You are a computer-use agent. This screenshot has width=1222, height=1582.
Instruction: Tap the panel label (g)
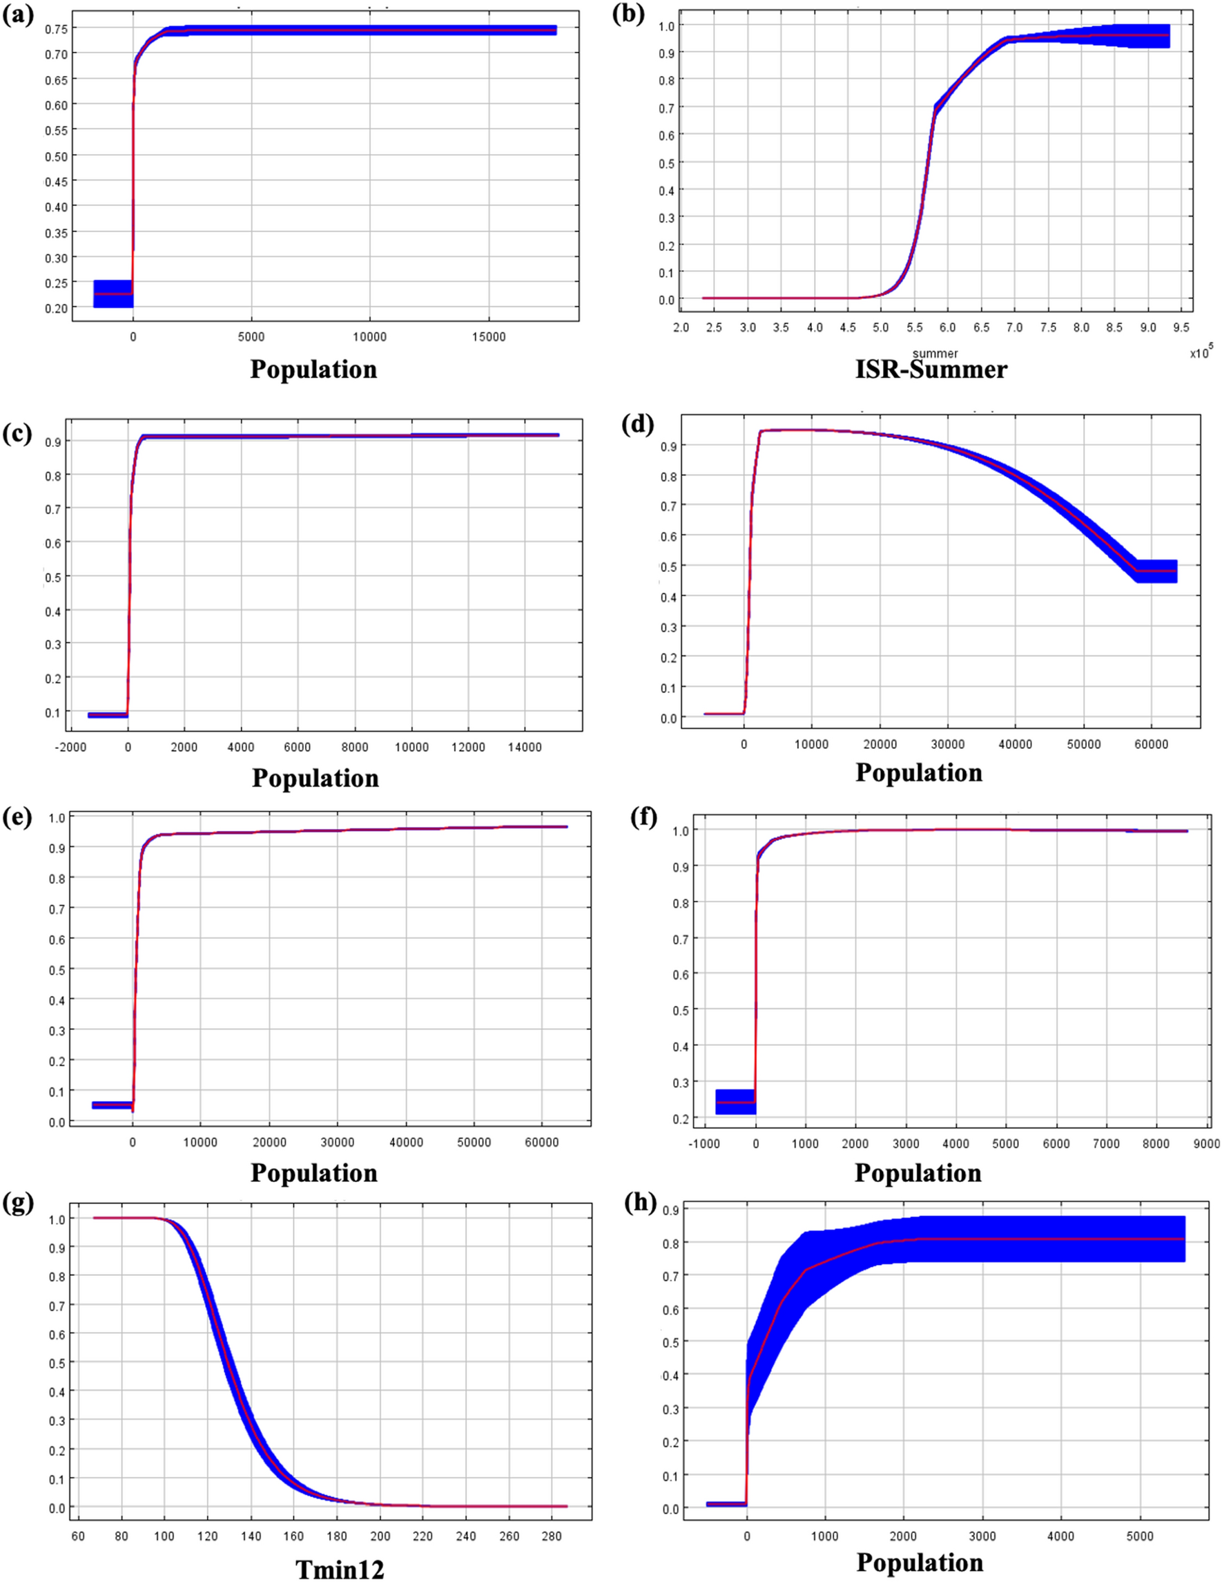pos(18,1203)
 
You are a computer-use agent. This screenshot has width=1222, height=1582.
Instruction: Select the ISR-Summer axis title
pos(931,370)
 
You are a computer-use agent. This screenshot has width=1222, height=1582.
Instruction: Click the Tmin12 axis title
pos(340,1569)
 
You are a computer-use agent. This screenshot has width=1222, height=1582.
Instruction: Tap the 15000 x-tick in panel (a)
pos(489,337)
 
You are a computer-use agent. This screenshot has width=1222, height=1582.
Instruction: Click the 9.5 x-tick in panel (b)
pos(1181,328)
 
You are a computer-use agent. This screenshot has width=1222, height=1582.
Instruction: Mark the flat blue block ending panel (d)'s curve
pos(1156,571)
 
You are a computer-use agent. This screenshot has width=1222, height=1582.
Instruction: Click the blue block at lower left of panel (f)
pos(735,1102)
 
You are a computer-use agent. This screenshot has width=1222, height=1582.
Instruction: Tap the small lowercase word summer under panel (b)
pos(935,354)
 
